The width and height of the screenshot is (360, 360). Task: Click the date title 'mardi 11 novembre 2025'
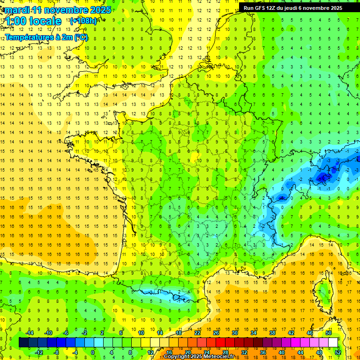56,9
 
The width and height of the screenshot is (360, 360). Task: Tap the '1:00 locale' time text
33,21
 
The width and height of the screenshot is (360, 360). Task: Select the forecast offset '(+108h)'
83,21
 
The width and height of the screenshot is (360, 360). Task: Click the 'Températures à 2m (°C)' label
46,37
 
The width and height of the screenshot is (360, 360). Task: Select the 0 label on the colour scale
93,352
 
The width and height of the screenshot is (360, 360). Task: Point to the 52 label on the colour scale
338,352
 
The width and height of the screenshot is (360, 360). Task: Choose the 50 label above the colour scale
329,333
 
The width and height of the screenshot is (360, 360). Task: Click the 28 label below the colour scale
225,352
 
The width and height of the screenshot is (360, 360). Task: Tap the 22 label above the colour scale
197,333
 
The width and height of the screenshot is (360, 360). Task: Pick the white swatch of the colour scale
333,343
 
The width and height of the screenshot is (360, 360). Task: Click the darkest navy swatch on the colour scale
23,343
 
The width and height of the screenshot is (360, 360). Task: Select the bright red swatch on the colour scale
220,343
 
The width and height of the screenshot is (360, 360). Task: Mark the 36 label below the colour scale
262,352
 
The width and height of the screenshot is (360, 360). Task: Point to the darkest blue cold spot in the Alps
323,177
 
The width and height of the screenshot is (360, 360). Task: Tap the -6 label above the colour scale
66,333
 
